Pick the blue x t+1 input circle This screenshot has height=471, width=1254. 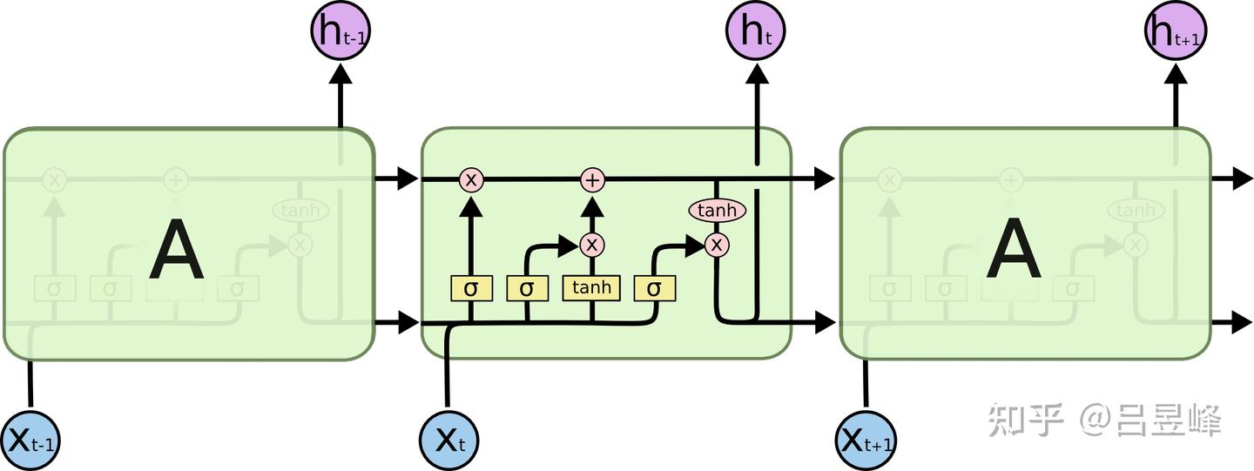coord(866,440)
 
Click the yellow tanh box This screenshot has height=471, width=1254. coord(591,288)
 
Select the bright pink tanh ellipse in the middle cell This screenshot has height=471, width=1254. coord(718,210)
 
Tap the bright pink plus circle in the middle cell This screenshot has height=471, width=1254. coord(592,180)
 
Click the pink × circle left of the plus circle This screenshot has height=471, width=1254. coord(471,180)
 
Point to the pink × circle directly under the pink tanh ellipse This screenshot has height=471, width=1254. coord(717,246)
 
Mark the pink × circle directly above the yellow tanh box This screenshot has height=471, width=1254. coord(592,245)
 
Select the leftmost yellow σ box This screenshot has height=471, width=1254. coord(471,288)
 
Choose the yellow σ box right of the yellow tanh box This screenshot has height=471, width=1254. coord(654,288)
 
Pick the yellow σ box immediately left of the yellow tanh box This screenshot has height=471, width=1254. coord(527,288)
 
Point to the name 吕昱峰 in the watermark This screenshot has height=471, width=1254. coord(1169,421)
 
